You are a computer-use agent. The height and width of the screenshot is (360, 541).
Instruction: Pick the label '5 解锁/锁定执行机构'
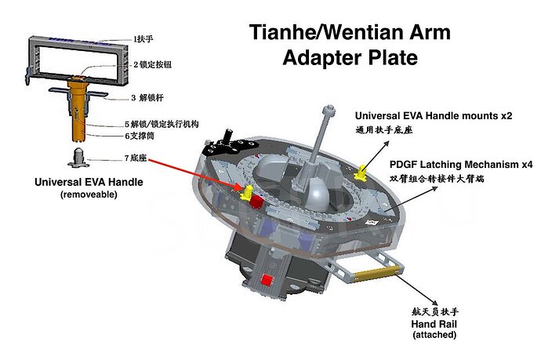161,124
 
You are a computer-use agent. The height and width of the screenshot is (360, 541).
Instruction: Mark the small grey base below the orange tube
78,155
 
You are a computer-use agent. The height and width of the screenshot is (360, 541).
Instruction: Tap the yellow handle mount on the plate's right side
363,170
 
